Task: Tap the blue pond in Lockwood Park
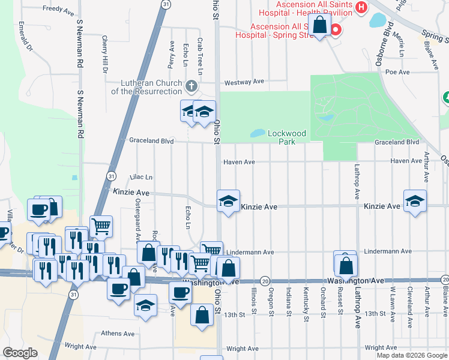[x=257, y=133]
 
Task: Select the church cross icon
[x=191, y=86]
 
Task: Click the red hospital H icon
[x=361, y=7]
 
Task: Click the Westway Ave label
[x=244, y=82]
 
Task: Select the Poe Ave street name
[x=397, y=72]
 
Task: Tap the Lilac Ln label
[x=141, y=178]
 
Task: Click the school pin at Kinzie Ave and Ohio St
[x=228, y=202]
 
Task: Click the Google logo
[x=20, y=353]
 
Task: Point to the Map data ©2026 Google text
[x=411, y=355]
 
